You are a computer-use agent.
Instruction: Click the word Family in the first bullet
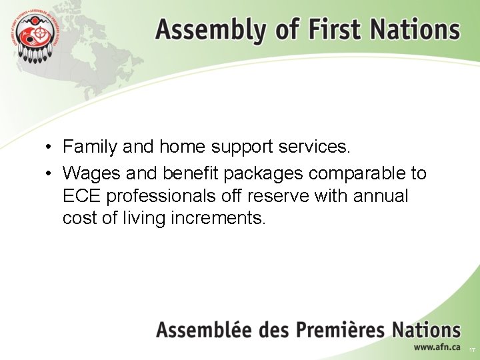click(x=90, y=146)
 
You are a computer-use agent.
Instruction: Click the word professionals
click(x=164, y=197)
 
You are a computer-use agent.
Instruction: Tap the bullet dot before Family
click(x=49, y=147)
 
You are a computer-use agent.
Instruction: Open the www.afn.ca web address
click(x=437, y=347)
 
